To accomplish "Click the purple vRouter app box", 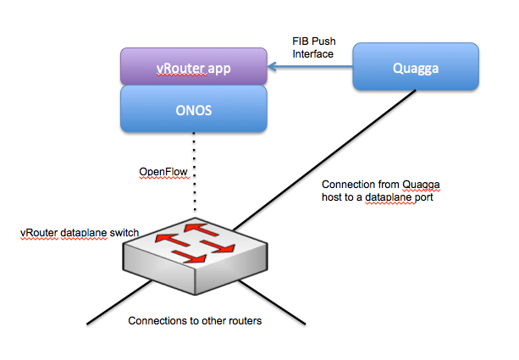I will tap(193, 65).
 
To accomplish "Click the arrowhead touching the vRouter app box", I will tap(273, 65).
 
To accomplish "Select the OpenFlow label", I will tap(163, 172).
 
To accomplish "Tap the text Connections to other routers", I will tap(196, 322).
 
